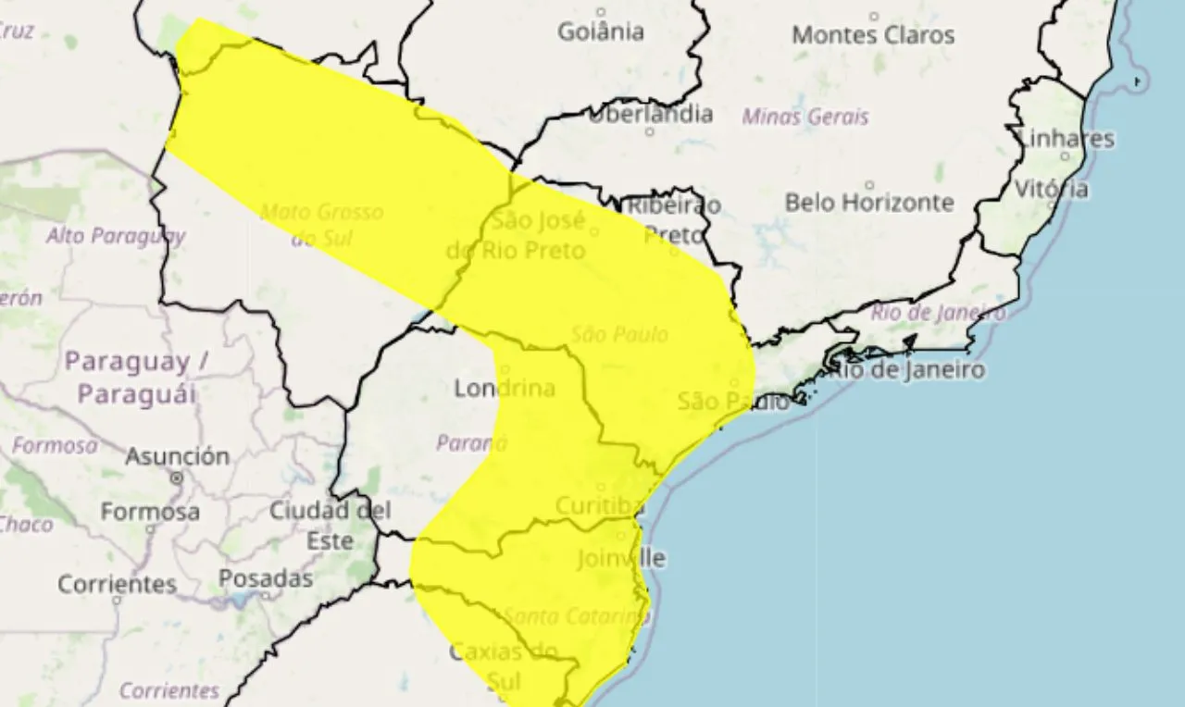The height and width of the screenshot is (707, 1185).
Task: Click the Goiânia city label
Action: click(601, 32)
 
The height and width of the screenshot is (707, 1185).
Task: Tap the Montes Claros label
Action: click(873, 35)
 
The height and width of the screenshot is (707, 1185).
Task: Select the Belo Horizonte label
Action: click(869, 202)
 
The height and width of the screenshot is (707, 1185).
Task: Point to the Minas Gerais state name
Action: click(805, 118)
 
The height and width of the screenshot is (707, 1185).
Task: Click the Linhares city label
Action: click(1066, 139)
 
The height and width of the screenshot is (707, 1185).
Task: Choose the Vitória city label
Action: click(1052, 189)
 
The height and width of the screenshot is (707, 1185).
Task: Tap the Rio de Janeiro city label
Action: click(906, 370)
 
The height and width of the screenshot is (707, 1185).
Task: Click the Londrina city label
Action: click(505, 389)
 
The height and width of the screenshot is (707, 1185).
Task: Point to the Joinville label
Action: click(621, 559)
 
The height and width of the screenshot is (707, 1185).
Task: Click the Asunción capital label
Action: click(177, 456)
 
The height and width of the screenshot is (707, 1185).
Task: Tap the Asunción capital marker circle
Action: click(177, 478)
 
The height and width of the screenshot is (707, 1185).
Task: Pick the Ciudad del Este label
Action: click(331, 525)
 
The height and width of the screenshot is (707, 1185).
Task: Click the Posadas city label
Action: click(266, 578)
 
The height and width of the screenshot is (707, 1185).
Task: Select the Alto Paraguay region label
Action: click(116, 236)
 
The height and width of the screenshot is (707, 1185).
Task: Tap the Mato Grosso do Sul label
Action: click(321, 225)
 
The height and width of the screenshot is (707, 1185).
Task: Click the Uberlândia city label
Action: click(651, 114)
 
